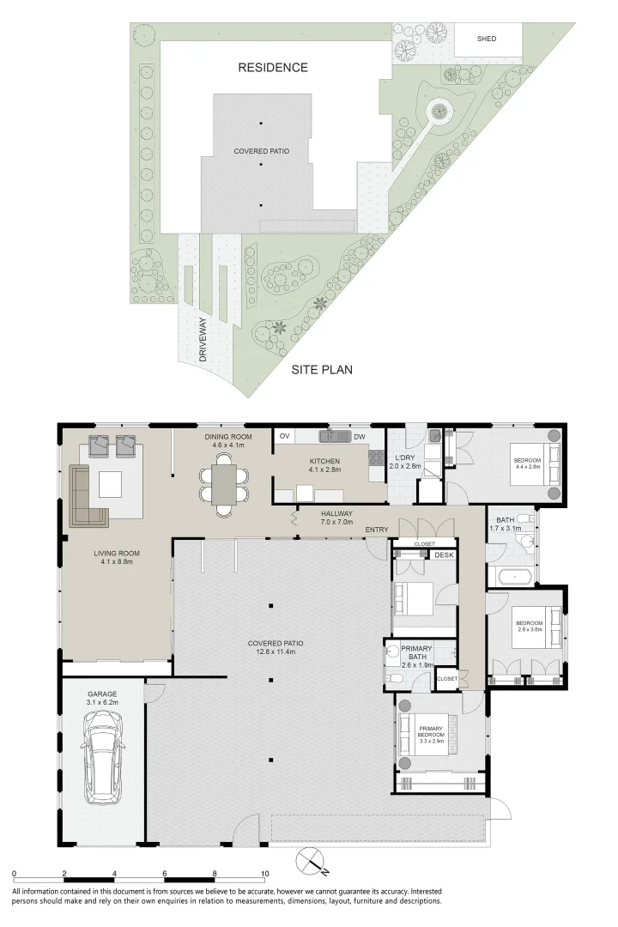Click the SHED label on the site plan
487,39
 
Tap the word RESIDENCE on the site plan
273,67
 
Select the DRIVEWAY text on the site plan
203,341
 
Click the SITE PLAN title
322,370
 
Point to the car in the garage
102,755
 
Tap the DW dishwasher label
359,437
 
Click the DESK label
443,555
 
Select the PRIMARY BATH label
415,653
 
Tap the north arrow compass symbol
311,862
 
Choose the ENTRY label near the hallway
376,530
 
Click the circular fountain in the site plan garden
439,110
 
